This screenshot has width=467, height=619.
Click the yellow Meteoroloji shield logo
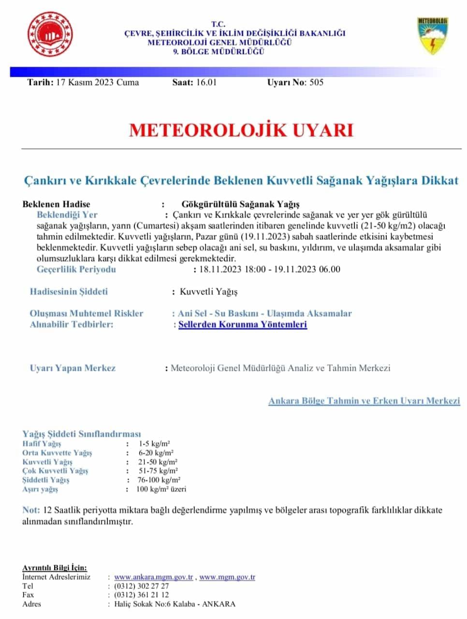click(432, 36)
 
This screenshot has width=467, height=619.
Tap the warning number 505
click(316, 82)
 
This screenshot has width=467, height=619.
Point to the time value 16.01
click(206, 82)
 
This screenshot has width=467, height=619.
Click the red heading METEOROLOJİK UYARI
click(241, 131)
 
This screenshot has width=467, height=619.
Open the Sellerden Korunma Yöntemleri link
click(243, 324)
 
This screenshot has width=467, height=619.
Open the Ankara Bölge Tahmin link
click(364, 401)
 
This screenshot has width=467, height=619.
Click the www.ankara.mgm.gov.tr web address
click(154, 577)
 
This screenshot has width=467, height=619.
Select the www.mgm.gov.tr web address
click(227, 577)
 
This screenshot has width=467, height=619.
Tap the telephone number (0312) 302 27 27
click(142, 586)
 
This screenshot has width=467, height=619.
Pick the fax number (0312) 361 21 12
click(142, 595)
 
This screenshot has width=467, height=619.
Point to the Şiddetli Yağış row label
click(46, 480)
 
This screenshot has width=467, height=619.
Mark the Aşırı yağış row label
click(40, 489)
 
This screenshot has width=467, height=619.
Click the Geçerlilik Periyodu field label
click(76, 269)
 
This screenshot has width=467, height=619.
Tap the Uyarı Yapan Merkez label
click(73, 368)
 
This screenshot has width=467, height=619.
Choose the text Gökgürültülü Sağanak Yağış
click(241, 204)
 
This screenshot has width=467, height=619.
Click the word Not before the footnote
click(30, 510)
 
